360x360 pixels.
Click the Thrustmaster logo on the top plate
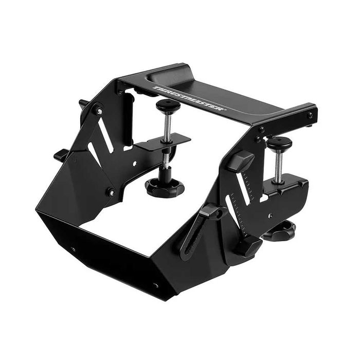click(189, 98)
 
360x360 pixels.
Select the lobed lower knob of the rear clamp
click(165, 187)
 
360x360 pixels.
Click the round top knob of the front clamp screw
click(280, 142)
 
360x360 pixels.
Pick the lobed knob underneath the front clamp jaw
click(280, 231)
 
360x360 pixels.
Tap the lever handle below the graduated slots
click(246, 245)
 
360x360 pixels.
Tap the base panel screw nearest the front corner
click(156, 284)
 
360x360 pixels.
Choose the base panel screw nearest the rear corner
click(73, 249)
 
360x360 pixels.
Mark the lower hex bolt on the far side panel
click(110, 192)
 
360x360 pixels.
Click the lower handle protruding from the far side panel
click(61, 154)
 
